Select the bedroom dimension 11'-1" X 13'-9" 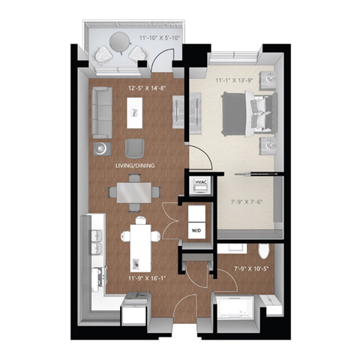(235, 79)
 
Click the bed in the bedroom (243, 112)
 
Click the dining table (133, 191)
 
